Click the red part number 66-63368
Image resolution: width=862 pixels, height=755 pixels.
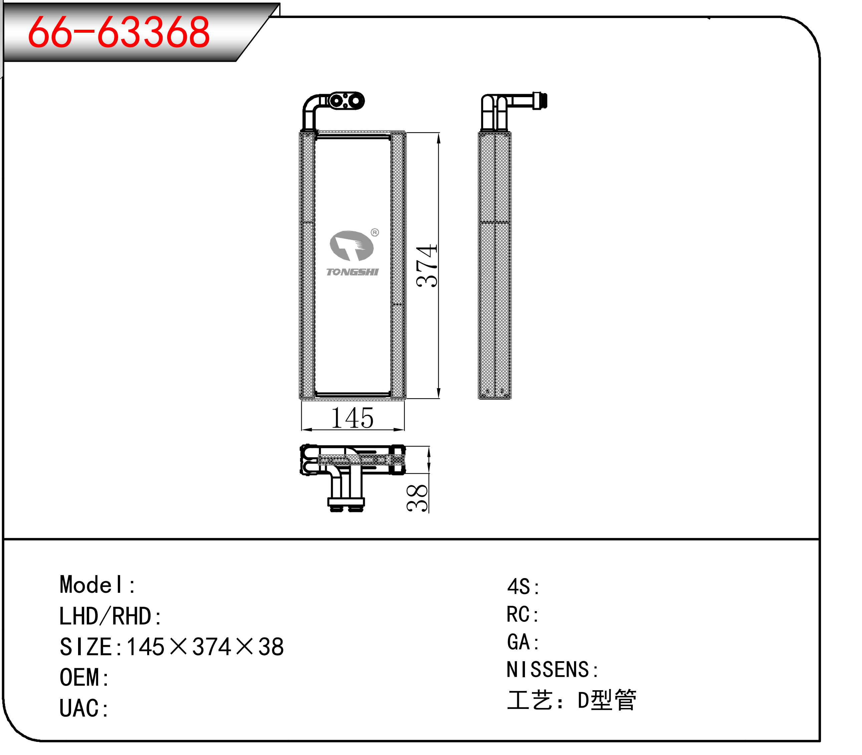pyautogui.click(x=118, y=32)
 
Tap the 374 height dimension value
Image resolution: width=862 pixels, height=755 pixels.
pyautogui.click(x=426, y=266)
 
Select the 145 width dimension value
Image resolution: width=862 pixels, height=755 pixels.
pyautogui.click(x=352, y=418)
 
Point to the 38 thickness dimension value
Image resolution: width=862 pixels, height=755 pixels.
pyautogui.click(x=417, y=498)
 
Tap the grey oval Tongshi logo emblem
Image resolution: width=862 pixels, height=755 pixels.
pyautogui.click(x=351, y=246)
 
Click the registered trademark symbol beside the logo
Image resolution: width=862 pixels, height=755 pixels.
pyautogui.click(x=374, y=233)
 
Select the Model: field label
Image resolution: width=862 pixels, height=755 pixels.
pyautogui.click(x=97, y=585)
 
